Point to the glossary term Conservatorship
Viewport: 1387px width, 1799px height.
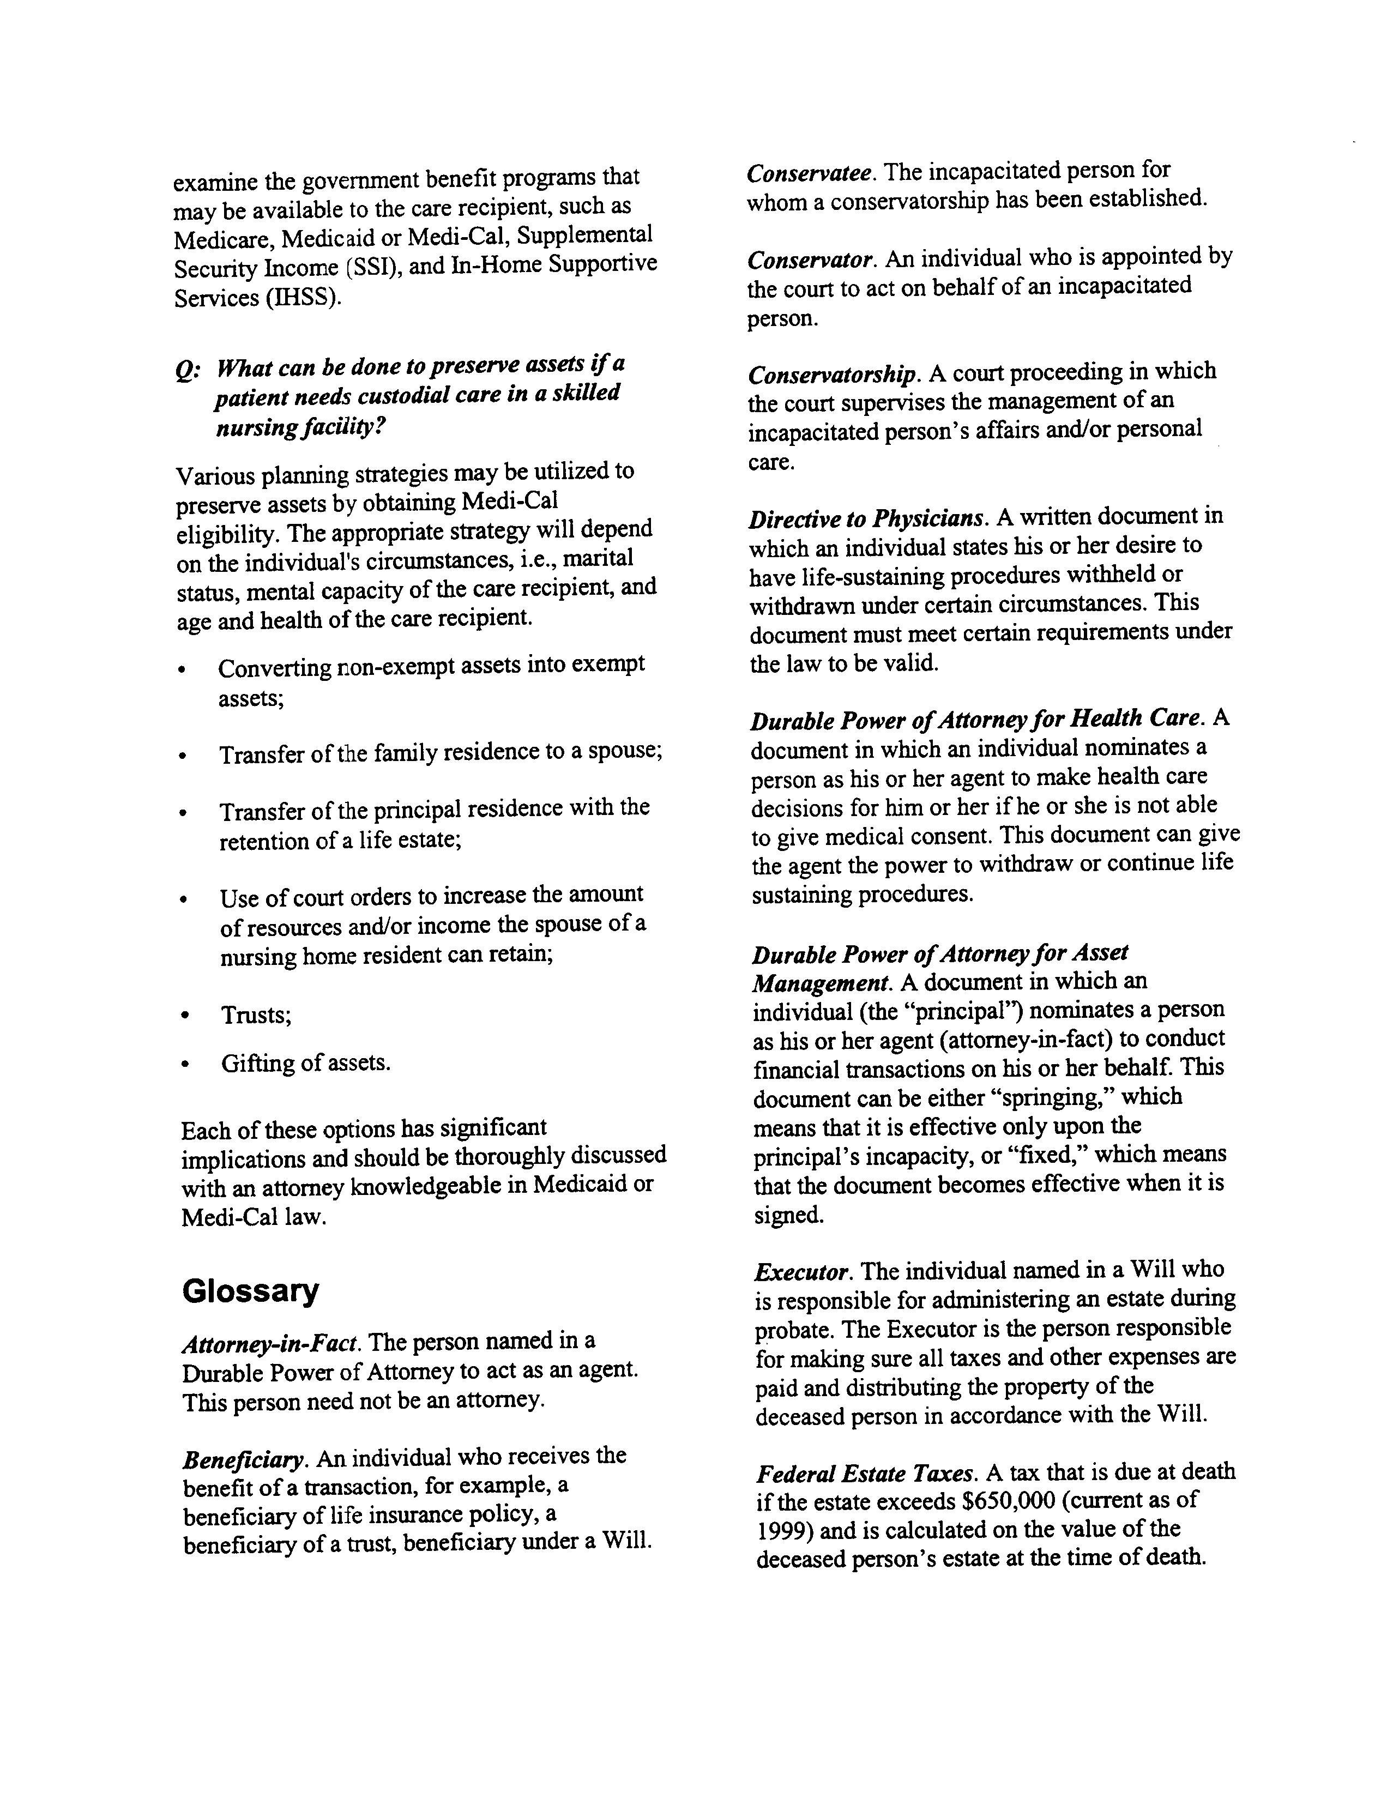[x=833, y=375]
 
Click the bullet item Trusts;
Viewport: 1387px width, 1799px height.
[x=256, y=1015]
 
